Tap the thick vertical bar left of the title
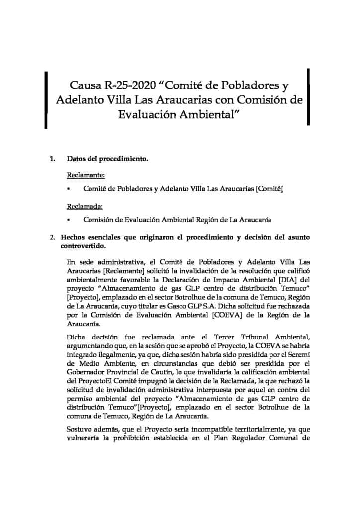(46, 100)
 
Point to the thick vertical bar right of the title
(309, 96)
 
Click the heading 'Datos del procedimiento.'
(107, 160)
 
